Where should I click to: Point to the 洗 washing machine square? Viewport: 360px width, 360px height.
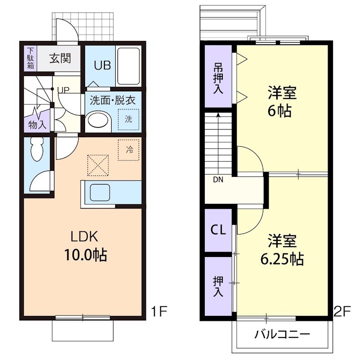(x=128, y=119)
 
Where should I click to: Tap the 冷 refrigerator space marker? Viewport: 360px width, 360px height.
(x=129, y=150)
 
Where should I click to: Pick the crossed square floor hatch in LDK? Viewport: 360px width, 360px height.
(x=98, y=165)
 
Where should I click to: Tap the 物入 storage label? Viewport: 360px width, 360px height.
(x=37, y=125)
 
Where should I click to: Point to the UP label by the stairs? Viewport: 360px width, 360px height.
(x=63, y=90)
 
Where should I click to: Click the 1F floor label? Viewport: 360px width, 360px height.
(x=159, y=311)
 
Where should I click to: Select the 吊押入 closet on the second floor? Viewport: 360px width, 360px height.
(x=218, y=79)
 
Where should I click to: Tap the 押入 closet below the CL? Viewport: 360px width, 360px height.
(x=218, y=286)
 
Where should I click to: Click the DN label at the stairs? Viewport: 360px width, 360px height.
(x=218, y=180)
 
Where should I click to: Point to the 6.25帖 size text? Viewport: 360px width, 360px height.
(x=282, y=259)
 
